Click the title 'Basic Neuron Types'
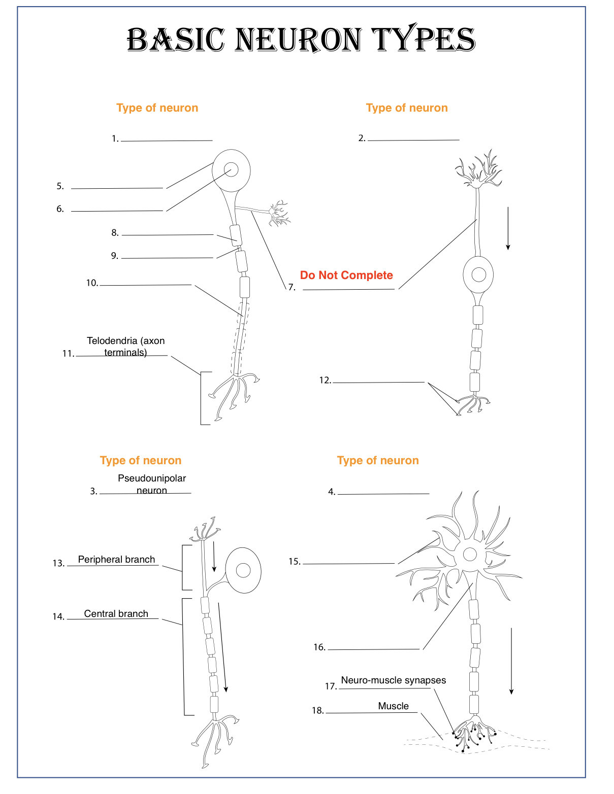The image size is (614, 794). [x=301, y=40]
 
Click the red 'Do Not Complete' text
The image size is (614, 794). [x=346, y=275]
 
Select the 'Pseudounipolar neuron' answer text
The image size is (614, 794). [x=152, y=484]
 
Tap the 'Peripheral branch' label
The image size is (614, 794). [x=116, y=559]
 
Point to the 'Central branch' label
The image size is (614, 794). [x=116, y=613]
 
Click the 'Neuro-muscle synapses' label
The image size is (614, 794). [x=393, y=680]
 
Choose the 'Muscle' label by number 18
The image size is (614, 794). [x=393, y=706]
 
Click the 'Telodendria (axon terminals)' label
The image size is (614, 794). [x=125, y=346]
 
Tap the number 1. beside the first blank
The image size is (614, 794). [x=115, y=139]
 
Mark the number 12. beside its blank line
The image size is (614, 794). [x=325, y=380]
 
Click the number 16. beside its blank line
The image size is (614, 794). [x=319, y=647]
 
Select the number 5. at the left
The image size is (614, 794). [x=60, y=186]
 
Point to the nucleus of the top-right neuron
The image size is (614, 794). [x=478, y=274]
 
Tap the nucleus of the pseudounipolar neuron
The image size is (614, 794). [x=243, y=570]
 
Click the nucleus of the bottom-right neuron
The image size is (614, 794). [x=470, y=554]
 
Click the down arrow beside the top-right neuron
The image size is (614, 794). [x=508, y=228]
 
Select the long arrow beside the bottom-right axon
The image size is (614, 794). [x=511, y=661]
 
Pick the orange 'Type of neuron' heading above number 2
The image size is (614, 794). [x=407, y=108]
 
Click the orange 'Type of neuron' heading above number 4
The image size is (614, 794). [x=378, y=460]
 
